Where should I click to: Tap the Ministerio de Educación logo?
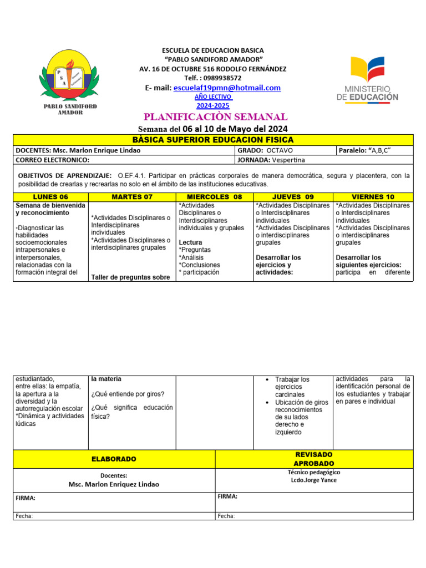coord(367,78)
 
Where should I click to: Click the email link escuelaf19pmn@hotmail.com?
coord(227,88)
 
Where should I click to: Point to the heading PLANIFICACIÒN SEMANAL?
coord(216,116)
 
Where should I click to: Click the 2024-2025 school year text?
coord(212,105)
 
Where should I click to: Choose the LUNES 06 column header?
coord(50,197)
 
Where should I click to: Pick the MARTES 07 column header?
coord(132,197)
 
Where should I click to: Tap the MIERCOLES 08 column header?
coord(215,197)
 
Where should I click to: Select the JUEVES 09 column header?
coord(293,197)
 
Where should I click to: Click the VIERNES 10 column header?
coord(373,197)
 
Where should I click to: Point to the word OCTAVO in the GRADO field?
coord(280,151)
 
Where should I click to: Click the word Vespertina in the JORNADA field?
coord(288,160)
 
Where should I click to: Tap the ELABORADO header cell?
coord(114,459)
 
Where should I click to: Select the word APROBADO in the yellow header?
coord(314,463)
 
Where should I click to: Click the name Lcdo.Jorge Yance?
coord(314,480)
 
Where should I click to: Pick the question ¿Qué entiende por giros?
coord(128,394)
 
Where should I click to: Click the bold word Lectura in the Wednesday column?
coord(190,242)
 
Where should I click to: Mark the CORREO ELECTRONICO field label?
coord(53,160)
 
